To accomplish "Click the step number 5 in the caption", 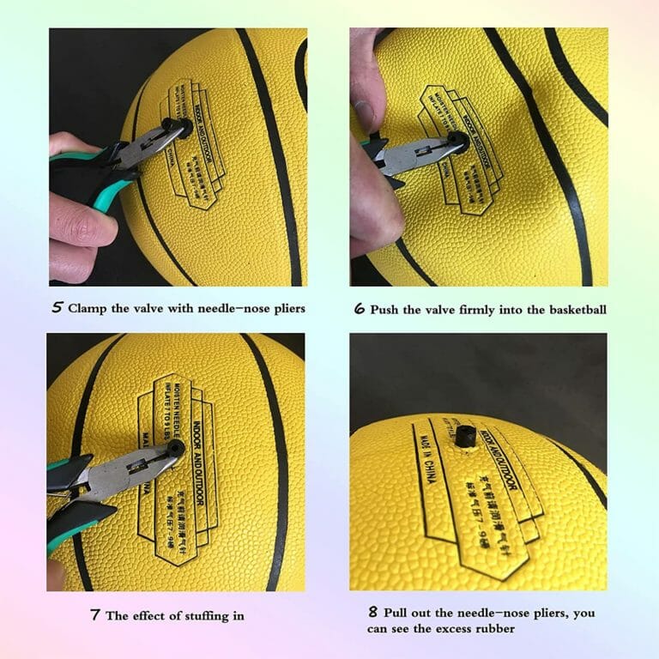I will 57,308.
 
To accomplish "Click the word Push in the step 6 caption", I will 384,309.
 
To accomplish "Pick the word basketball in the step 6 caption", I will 574,309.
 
